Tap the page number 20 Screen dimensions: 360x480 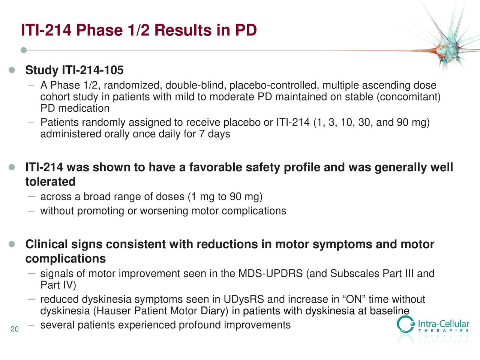click(15, 330)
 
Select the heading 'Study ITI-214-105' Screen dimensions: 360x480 click(74, 70)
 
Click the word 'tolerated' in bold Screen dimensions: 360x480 click(50, 182)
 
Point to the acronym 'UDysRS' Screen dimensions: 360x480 click(244, 300)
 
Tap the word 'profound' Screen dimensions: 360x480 click(199, 325)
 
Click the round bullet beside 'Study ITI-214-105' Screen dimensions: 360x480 click(12, 70)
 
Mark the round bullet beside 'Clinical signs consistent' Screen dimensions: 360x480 click(12, 244)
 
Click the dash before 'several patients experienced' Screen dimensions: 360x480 click(32, 325)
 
